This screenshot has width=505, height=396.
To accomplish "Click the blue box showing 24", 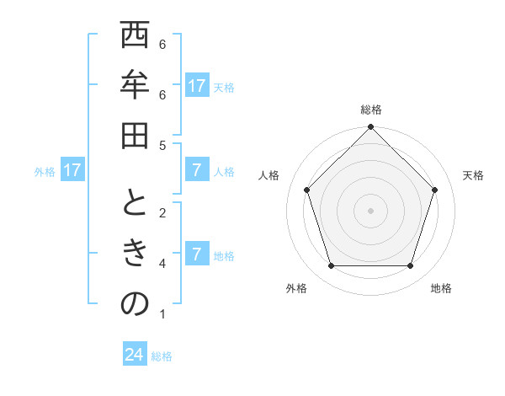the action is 135,355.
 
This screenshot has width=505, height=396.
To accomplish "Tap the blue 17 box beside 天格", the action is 197,86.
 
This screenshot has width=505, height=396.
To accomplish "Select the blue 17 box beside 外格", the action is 72,171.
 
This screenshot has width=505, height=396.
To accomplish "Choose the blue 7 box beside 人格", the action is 197,171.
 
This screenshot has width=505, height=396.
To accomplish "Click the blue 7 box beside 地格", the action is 197,254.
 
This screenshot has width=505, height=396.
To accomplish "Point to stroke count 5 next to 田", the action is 162,145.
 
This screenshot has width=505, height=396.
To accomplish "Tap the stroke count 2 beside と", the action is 162,212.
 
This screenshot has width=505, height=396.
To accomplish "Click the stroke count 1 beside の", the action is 162,315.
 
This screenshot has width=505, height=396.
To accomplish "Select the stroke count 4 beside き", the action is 162,264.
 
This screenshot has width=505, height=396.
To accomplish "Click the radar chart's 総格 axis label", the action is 370,110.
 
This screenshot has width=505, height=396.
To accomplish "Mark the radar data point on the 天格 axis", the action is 435,190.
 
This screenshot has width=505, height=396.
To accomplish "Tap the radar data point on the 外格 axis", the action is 331,266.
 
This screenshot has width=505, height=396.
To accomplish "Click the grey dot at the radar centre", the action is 370,210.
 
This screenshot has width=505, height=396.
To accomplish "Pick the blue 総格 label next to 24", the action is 162,356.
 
